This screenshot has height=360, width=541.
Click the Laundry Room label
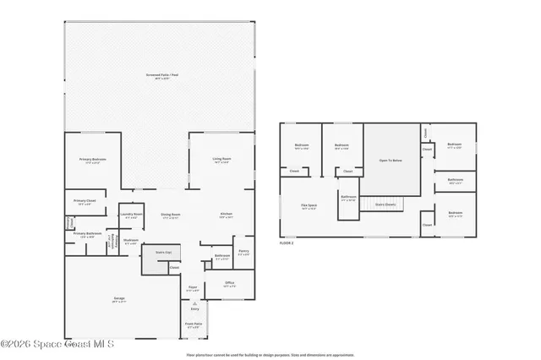(x=131, y=215)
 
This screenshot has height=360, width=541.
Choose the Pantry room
(x=243, y=252)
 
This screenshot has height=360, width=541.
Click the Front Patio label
(x=194, y=325)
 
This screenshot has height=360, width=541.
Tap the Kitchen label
(x=226, y=215)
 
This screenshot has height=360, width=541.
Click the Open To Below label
(x=391, y=160)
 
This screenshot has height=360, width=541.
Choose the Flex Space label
(x=309, y=205)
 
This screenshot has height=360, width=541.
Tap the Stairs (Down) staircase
(x=382, y=204)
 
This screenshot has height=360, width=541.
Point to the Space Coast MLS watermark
(x=57, y=344)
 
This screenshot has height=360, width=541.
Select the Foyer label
(x=194, y=288)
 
